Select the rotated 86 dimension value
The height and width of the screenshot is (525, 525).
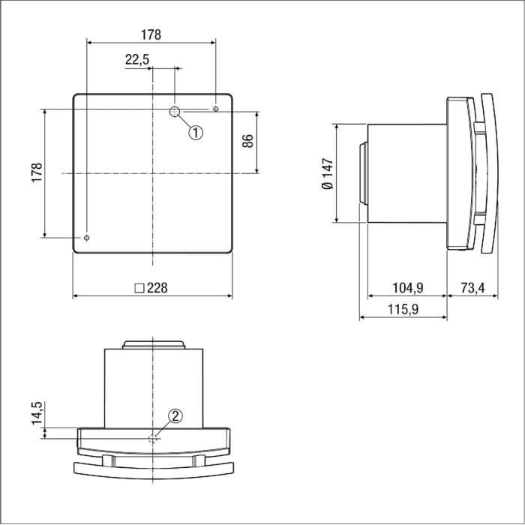click(247, 141)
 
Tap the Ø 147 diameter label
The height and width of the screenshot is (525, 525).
click(327, 173)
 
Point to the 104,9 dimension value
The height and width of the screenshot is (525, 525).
click(409, 288)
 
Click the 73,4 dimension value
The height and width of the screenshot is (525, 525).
click(472, 288)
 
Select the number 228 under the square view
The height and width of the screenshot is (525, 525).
click(158, 288)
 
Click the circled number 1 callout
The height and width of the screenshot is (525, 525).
click(195, 133)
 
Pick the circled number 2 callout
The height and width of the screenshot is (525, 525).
click(174, 417)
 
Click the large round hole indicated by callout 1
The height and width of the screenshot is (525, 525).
click(175, 112)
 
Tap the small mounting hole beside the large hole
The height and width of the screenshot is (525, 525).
click(216, 110)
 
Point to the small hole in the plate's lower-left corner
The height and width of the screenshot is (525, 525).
click(87, 238)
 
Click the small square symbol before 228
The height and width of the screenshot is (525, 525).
click(139, 288)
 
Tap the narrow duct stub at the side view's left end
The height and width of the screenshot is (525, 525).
click(363, 173)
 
